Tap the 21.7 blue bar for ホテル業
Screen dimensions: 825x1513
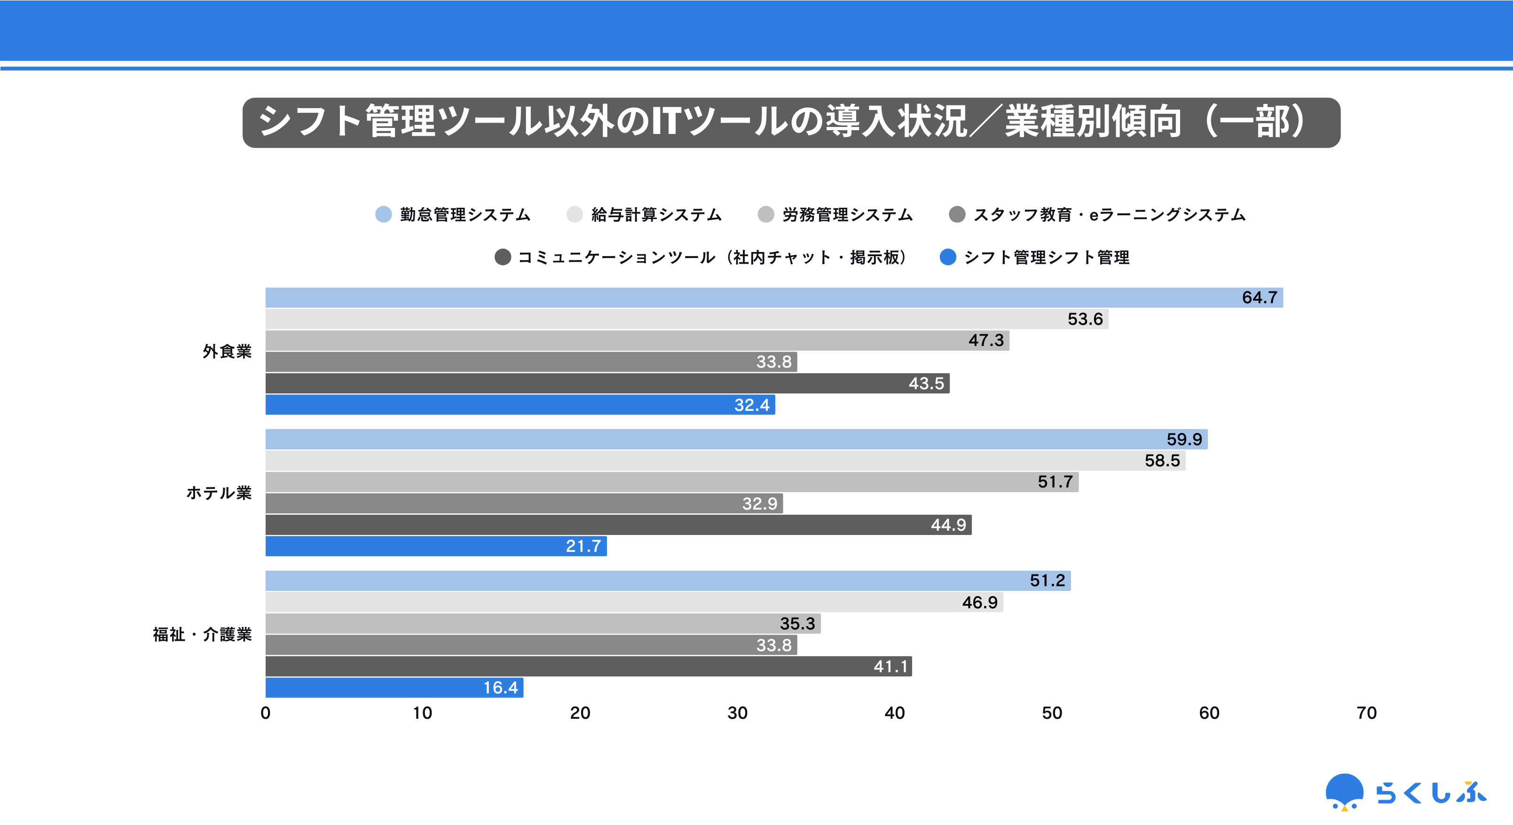click(436, 546)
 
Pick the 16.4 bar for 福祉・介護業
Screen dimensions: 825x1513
click(394, 688)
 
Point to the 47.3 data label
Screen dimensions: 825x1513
click(985, 340)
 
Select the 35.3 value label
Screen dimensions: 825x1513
click(797, 624)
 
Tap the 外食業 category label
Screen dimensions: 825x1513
click(227, 351)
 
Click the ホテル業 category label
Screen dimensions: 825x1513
click(219, 493)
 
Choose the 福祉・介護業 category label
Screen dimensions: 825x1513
click(202, 634)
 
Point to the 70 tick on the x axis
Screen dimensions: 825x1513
click(1366, 713)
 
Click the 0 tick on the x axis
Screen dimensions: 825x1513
click(266, 713)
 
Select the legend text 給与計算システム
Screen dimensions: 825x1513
click(656, 215)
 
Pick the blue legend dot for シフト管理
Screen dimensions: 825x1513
click(948, 257)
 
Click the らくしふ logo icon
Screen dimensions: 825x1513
click(1344, 792)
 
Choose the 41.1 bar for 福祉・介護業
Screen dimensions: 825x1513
click(588, 667)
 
